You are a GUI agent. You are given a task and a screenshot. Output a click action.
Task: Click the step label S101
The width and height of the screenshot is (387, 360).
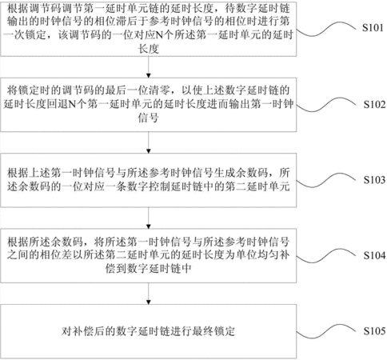[373, 28]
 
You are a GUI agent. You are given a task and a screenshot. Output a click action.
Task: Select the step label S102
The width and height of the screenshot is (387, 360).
[374, 104]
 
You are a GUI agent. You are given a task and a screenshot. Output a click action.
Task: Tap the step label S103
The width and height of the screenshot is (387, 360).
[374, 180]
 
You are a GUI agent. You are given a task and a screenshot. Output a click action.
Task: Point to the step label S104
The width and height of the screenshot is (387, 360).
[374, 255]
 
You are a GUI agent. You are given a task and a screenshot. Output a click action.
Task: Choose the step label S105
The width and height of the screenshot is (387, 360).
[374, 331]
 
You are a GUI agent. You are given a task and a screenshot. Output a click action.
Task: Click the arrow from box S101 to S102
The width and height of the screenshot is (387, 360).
[149, 67]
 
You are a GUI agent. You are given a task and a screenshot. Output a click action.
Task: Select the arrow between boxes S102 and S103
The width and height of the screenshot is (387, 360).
[149, 142]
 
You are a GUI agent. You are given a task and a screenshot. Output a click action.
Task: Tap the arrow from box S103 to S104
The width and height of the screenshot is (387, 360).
[149, 218]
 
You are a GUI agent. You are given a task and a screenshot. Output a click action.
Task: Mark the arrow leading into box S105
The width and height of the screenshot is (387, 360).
[149, 294]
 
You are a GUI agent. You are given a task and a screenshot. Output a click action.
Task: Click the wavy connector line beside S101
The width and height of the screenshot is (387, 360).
[325, 30]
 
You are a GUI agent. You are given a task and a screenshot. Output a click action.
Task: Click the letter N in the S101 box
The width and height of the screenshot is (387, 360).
[159, 35]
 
